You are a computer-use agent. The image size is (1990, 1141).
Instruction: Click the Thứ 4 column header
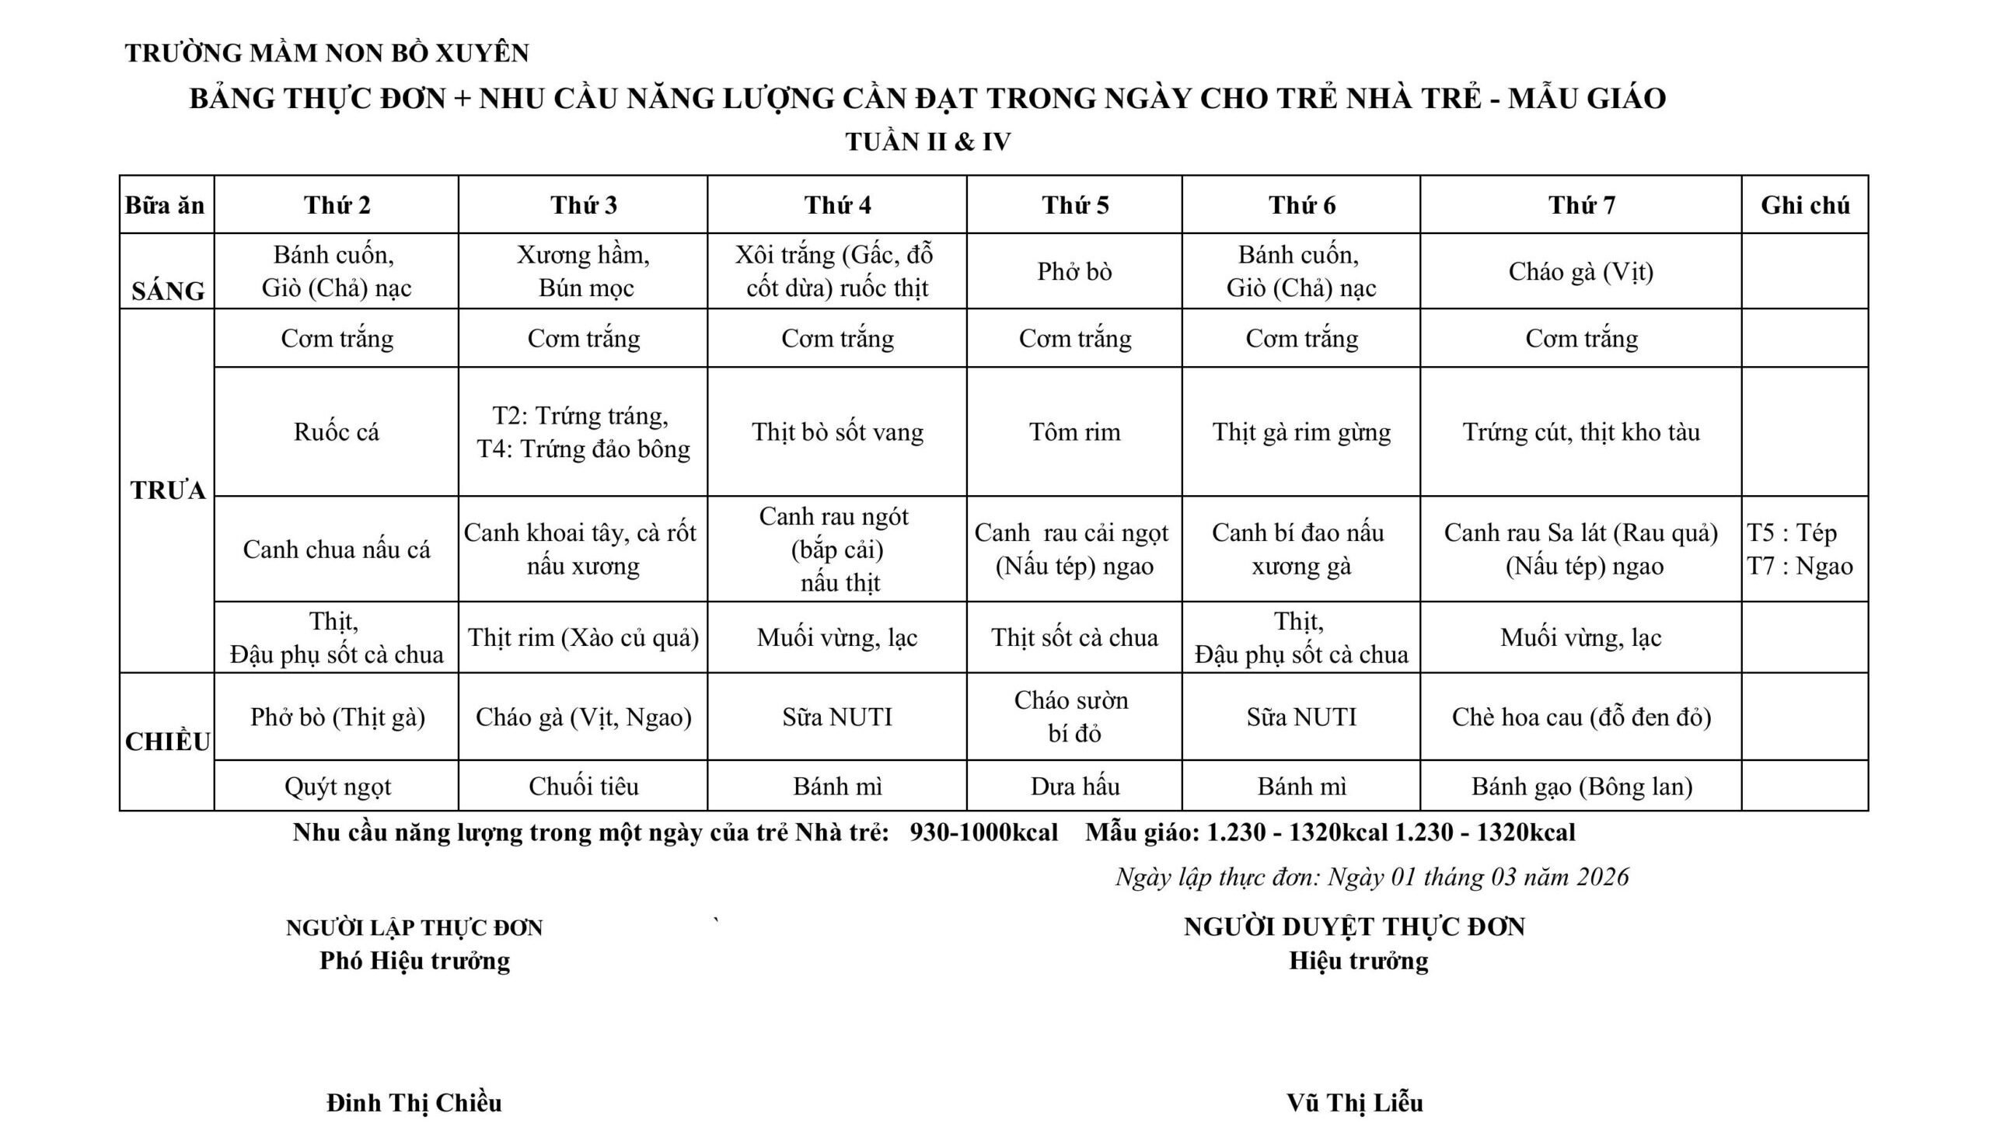coord(837,205)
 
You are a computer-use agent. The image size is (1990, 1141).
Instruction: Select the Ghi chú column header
coord(1804,205)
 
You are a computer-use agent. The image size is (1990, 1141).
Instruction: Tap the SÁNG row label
coord(168,291)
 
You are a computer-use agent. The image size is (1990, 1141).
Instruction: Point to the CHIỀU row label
coord(168,741)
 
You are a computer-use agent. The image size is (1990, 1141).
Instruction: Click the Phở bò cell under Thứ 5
coord(1074,271)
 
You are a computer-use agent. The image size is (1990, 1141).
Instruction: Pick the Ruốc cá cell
coord(337,432)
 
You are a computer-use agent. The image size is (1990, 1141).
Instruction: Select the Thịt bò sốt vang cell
coord(837,432)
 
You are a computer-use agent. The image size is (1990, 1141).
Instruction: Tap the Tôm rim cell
coord(1074,432)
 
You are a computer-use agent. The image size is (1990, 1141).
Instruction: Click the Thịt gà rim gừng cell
coord(1301,432)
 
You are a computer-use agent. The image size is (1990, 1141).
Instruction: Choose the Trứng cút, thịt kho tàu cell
coord(1581,432)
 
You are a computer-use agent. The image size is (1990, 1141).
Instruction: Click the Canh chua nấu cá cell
coord(337,550)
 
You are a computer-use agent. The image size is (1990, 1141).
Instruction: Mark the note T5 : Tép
coord(1792,533)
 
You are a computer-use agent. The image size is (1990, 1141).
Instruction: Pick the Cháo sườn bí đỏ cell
coord(1074,717)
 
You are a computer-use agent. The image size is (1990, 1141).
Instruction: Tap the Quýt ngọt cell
coord(337,786)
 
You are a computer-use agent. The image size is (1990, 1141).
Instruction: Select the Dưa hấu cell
coord(1074,786)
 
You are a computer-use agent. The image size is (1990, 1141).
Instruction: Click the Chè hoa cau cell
coord(1581,717)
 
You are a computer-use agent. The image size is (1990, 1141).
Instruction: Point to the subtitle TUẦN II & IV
coord(928,141)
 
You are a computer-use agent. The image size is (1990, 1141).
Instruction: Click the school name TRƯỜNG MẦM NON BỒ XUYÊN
coord(326,54)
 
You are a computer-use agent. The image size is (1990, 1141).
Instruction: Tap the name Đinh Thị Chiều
coord(414,1103)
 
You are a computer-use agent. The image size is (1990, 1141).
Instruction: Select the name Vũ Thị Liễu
coord(1354,1103)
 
